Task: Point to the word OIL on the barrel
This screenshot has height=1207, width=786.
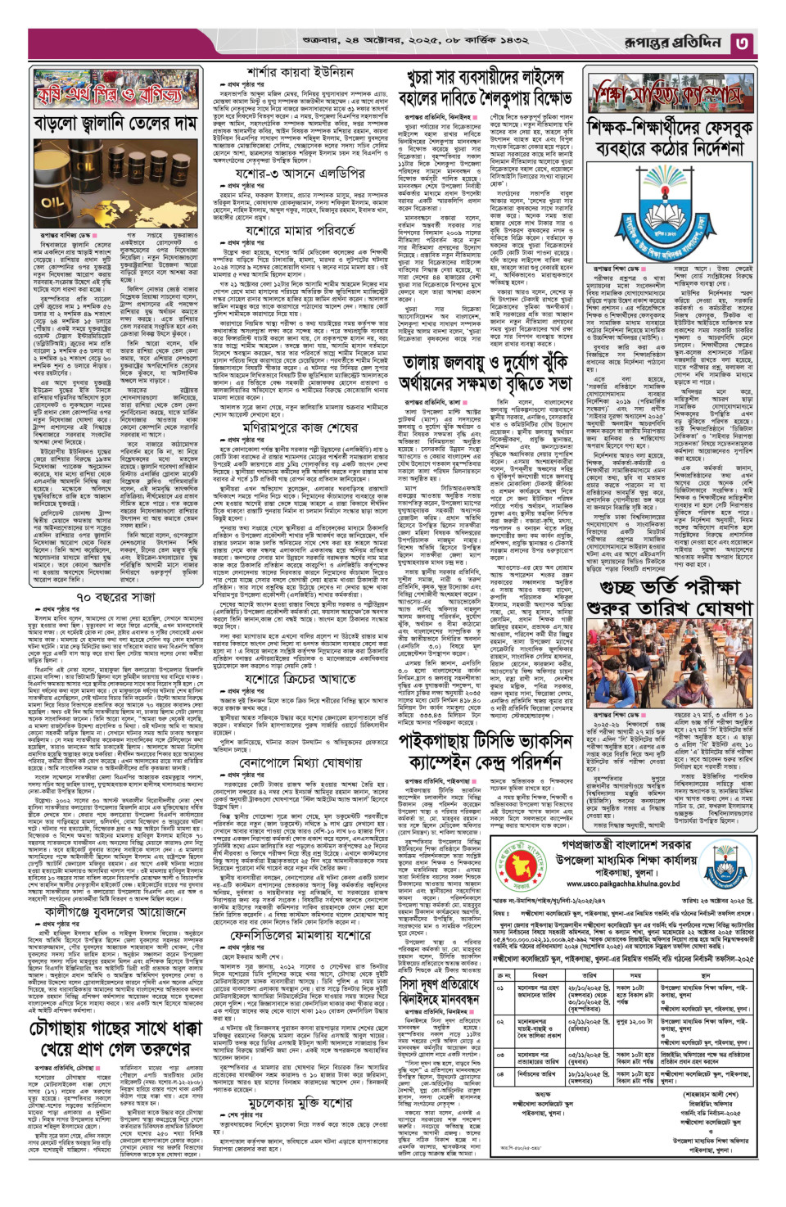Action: coord(52,202)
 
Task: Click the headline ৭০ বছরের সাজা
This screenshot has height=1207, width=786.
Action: coord(115,598)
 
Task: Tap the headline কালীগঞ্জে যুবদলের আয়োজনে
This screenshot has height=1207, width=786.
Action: coord(115,910)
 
